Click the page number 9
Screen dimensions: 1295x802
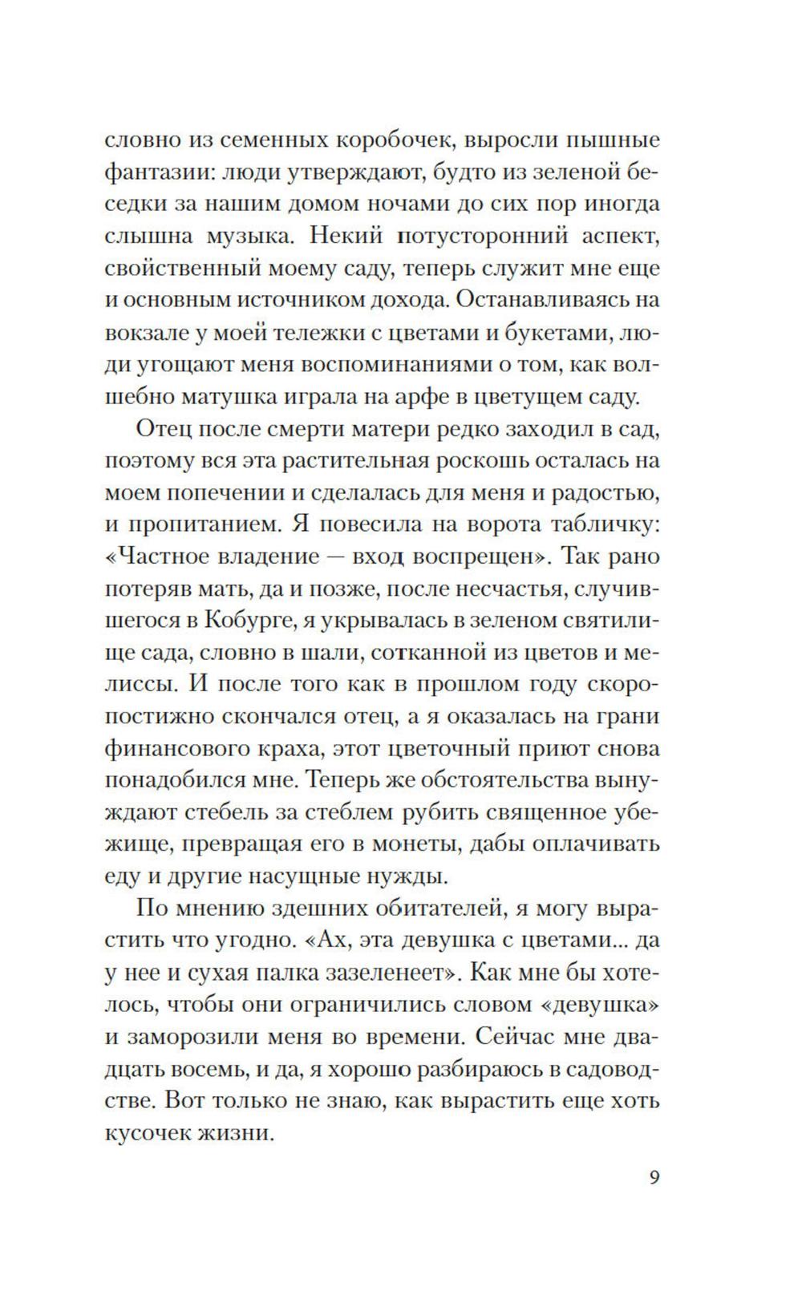click(x=654, y=1179)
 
